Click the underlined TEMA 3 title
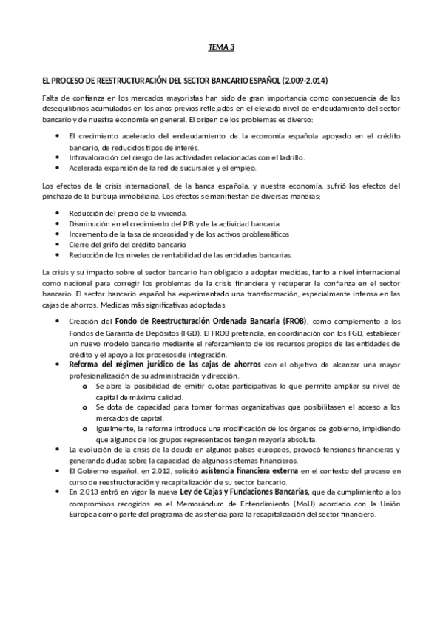(x=221, y=47)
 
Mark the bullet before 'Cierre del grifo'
(x=58, y=244)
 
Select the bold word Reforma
(x=88, y=365)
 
